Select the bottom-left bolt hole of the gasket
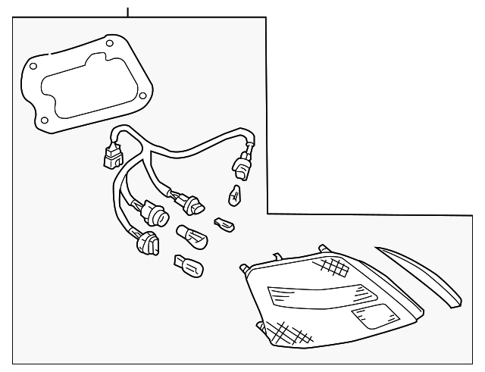click(x=45, y=120)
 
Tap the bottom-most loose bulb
click(x=187, y=266)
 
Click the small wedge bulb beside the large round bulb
click(x=225, y=224)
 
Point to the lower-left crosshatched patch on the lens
click(x=284, y=330)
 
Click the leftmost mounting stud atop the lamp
click(x=244, y=267)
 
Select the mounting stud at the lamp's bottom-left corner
click(x=261, y=327)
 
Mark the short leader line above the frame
click(x=128, y=10)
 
